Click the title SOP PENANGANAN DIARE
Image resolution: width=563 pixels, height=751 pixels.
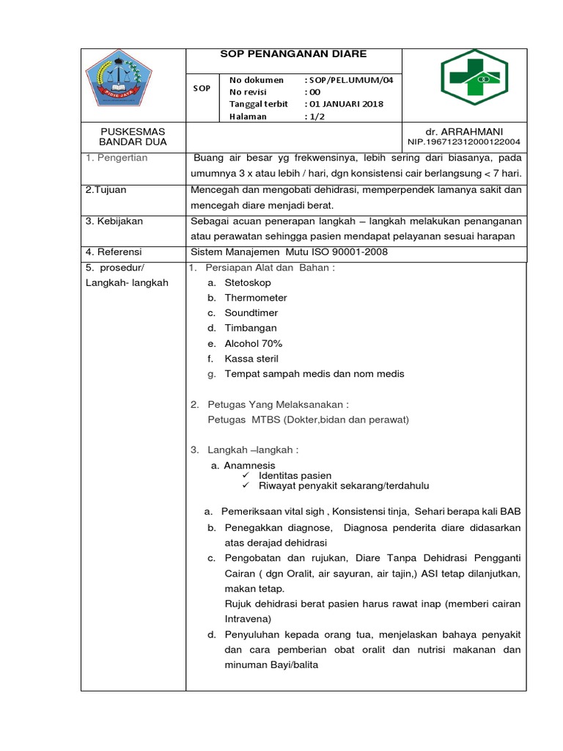click(x=294, y=54)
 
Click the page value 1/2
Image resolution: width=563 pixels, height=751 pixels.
click(x=316, y=116)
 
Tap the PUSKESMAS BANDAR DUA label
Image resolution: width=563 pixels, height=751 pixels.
click(x=134, y=136)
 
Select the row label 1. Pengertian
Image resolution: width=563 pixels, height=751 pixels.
click(x=117, y=158)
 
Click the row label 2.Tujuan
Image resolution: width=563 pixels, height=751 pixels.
click(x=106, y=189)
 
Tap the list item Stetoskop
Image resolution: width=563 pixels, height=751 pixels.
click(x=247, y=282)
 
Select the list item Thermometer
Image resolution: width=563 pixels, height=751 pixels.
click(x=256, y=298)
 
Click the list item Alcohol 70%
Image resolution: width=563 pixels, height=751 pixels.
click(x=253, y=343)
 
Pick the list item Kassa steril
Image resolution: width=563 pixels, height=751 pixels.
click(x=251, y=359)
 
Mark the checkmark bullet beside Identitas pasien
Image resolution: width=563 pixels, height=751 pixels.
click(x=246, y=476)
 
